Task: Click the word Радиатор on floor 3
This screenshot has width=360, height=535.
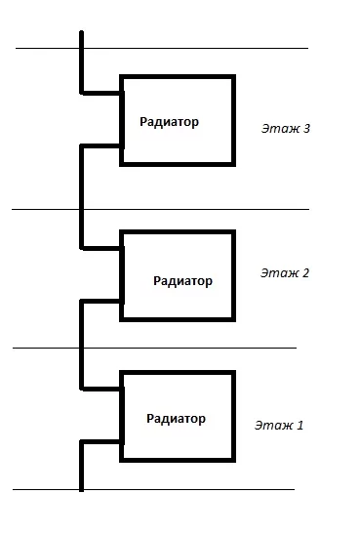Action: (169, 122)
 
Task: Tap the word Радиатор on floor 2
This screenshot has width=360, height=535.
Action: (182, 281)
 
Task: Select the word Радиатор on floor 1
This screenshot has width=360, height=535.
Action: (176, 419)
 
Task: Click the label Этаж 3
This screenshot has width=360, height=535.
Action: (286, 128)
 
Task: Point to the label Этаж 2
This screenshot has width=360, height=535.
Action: (285, 273)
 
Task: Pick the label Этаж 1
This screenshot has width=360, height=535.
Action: (279, 425)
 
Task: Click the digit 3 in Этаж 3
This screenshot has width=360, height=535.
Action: (306, 128)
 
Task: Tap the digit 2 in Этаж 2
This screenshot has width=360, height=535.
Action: (305, 273)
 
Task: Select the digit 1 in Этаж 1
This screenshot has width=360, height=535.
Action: (300, 425)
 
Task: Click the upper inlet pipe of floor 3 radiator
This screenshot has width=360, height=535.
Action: (101, 93)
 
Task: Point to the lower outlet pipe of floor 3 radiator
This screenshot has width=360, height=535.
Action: (101, 146)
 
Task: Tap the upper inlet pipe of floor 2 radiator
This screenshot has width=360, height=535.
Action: (101, 248)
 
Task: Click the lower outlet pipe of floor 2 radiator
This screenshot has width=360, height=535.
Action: (101, 302)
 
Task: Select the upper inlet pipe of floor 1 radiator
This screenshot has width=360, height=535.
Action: (101, 389)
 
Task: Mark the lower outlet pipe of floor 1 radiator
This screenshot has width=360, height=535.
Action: (101, 442)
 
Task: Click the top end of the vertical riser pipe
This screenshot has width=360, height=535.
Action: (82, 32)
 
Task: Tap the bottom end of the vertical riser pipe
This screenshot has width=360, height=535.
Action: (82, 491)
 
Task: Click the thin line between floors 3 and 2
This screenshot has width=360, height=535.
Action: (161, 209)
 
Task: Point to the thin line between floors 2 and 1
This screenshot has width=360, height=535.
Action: (154, 348)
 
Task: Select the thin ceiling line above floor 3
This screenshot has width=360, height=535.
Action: (162, 49)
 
